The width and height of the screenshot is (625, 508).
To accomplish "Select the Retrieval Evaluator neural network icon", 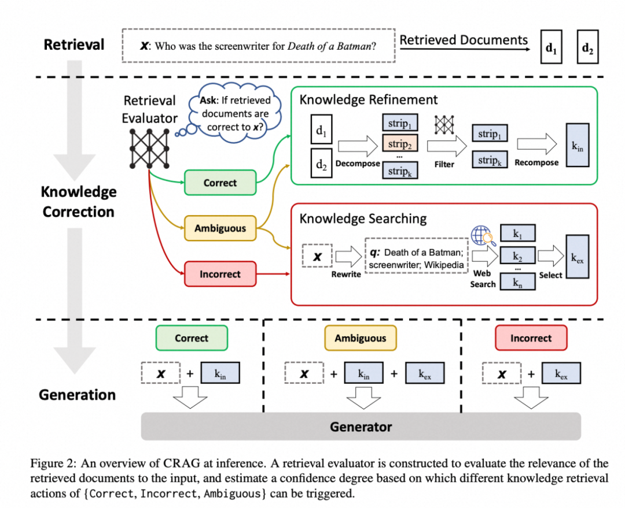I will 150,147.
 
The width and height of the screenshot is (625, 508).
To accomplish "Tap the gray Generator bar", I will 361,427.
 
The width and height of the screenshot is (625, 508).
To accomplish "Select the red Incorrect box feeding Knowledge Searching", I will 220,274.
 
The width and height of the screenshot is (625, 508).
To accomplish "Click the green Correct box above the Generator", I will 192,338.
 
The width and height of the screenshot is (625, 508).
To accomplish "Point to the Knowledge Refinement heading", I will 369,100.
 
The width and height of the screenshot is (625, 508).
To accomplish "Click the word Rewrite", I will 346,275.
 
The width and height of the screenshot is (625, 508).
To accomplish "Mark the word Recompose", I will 536,163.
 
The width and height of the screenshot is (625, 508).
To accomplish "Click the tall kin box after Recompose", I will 578,146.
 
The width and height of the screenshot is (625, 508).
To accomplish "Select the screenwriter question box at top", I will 259,45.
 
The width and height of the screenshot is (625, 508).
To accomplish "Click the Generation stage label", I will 78,395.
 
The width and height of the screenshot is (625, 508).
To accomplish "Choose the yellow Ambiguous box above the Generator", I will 360,338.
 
